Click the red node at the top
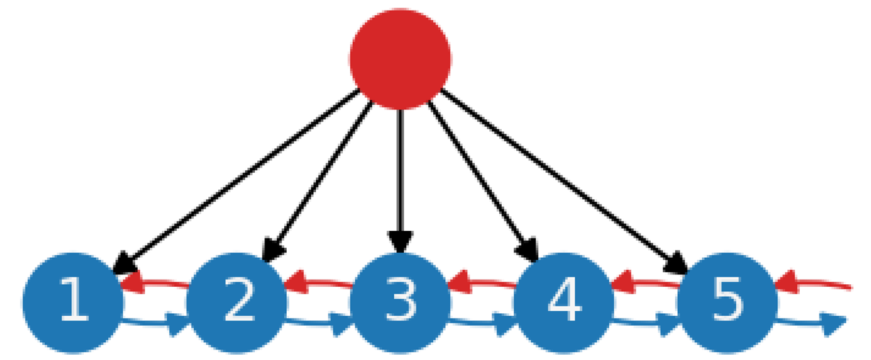400,58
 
